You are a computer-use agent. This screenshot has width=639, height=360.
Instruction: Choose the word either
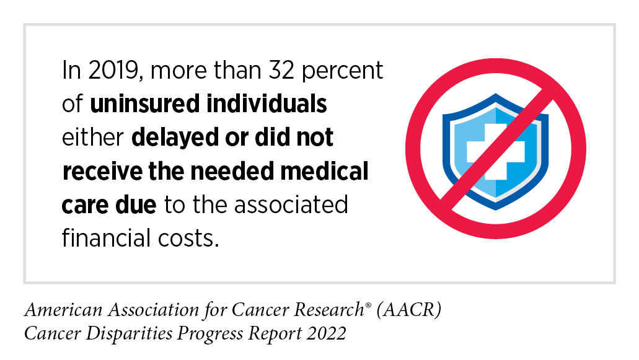coord(94,138)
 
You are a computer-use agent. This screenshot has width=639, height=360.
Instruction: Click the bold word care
coord(84,204)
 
